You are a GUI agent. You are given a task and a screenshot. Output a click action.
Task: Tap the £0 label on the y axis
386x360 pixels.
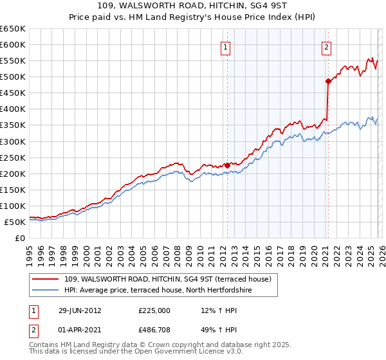19,238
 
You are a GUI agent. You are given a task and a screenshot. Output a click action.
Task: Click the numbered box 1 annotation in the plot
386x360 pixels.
226,46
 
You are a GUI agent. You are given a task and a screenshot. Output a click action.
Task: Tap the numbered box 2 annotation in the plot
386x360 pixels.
327,46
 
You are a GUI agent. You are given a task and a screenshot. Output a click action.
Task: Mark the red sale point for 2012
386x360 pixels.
227,165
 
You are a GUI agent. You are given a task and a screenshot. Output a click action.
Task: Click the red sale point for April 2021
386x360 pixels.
328,81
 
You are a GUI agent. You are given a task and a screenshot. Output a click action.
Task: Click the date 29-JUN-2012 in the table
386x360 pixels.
79,310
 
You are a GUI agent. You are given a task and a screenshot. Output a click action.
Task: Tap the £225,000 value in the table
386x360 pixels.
154,310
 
